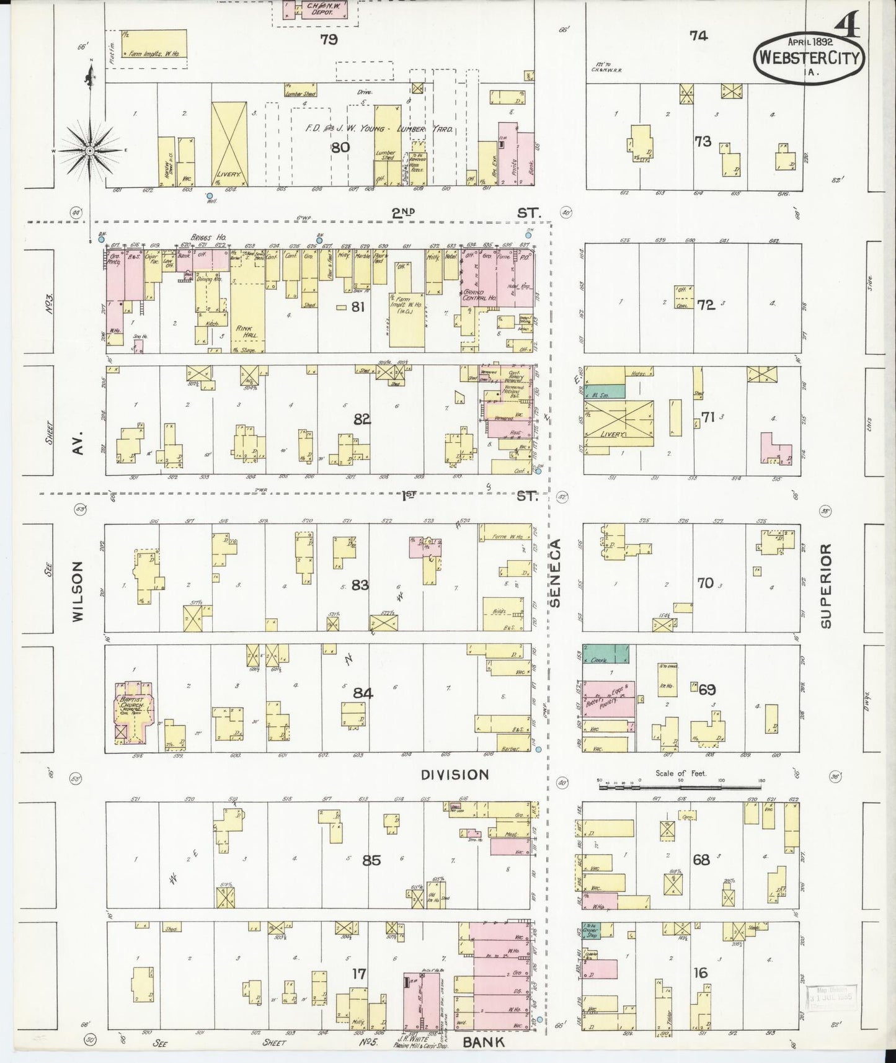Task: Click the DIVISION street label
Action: click(455, 775)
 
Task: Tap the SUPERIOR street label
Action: click(825, 586)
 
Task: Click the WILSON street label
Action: click(78, 591)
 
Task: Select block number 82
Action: click(362, 419)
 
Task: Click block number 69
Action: click(707, 689)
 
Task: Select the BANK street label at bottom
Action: click(484, 1042)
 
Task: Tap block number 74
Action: click(698, 36)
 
